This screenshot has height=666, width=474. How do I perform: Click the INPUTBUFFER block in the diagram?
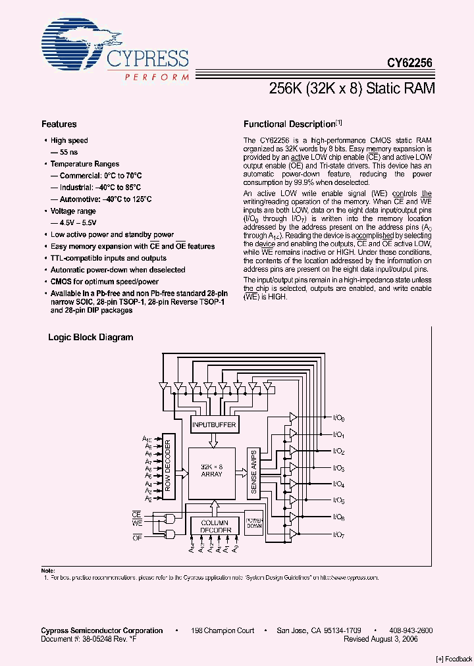click(x=214, y=425)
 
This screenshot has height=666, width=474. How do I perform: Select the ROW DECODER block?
click(x=168, y=467)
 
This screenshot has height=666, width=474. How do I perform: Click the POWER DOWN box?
click(x=254, y=521)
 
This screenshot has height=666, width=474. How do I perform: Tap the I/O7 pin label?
click(x=339, y=535)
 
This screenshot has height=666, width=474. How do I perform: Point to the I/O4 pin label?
click(x=339, y=485)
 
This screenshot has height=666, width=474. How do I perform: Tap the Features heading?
click(x=59, y=124)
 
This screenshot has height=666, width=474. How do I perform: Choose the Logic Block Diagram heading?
click(x=91, y=337)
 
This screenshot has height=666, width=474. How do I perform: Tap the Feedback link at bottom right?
click(x=454, y=659)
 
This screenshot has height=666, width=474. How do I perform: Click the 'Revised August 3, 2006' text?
click(x=381, y=638)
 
